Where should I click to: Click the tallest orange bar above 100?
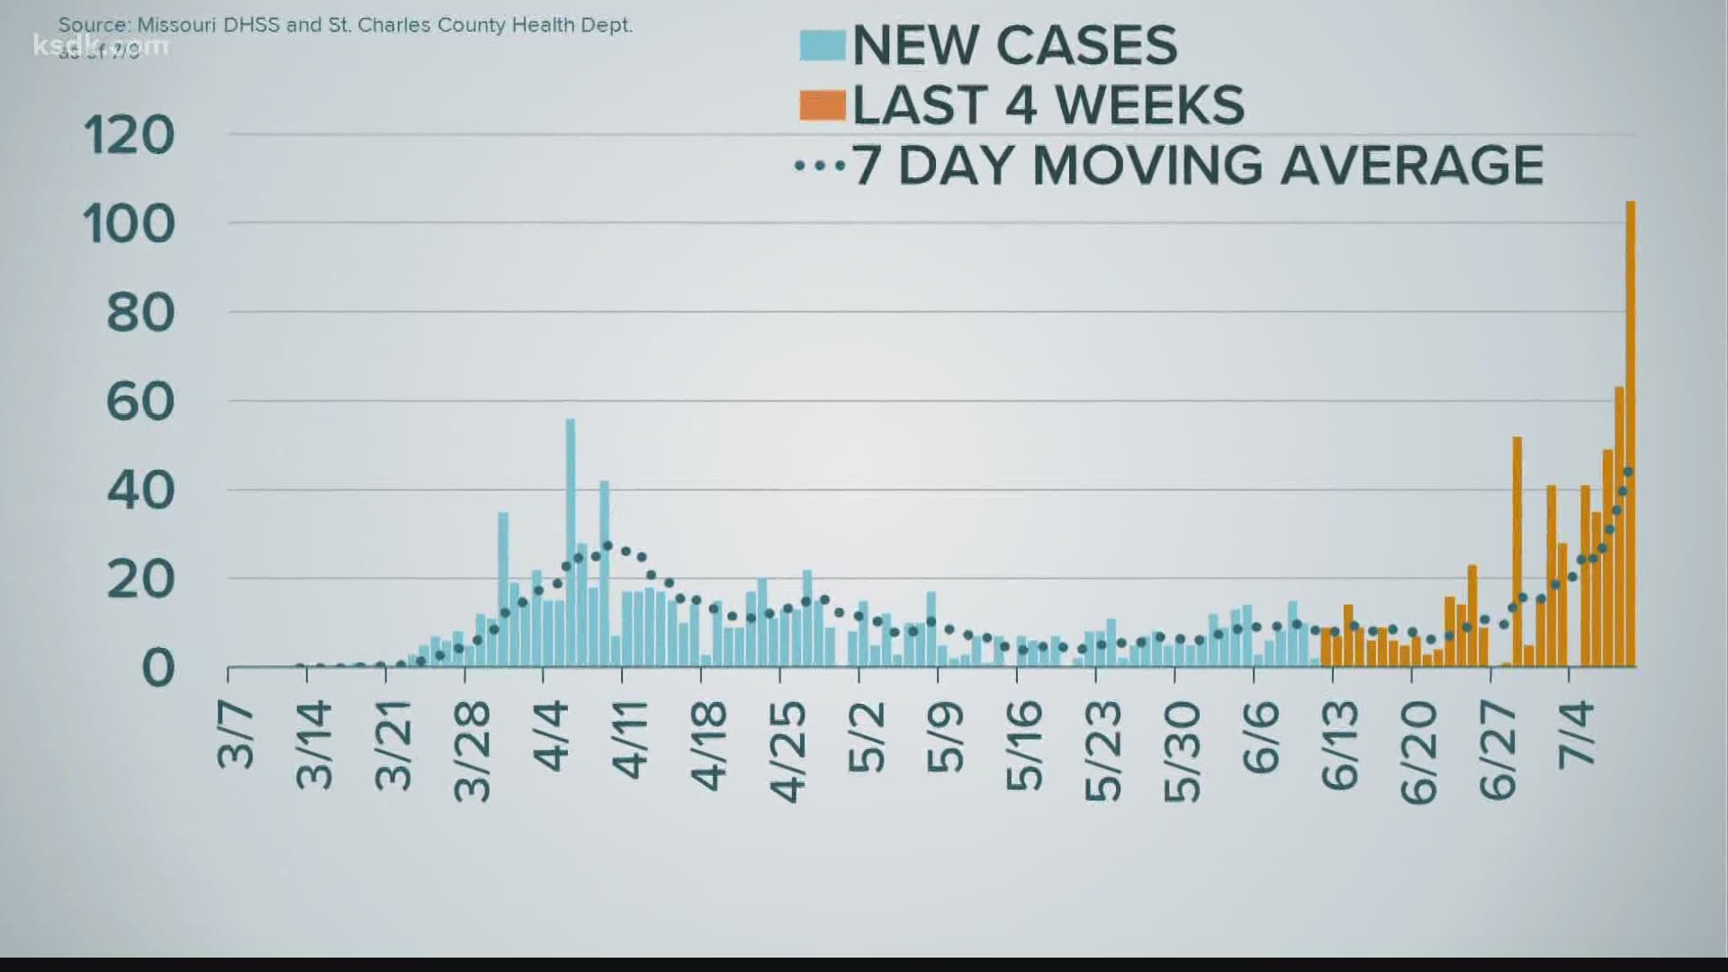1630,432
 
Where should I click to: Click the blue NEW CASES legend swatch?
822,45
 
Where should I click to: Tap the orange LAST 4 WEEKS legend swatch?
822,105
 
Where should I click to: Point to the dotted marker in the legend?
819,166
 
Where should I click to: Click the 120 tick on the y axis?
129,136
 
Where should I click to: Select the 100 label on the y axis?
129,224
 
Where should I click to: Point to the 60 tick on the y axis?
139,401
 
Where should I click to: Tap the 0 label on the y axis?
157,669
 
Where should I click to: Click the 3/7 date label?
236,738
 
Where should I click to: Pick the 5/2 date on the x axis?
867,739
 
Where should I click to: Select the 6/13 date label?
1340,747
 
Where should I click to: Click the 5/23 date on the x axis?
1103,751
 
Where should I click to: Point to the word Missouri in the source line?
175,25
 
